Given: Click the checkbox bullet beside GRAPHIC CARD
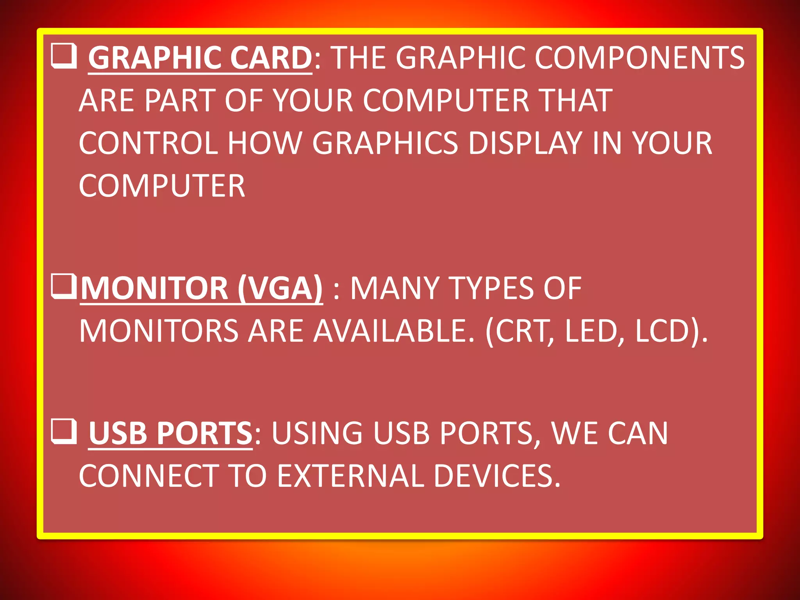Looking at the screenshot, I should pos(64,57).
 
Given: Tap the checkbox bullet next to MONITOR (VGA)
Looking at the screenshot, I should pos(63,287).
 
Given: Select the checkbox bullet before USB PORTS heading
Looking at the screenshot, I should pos(64,432).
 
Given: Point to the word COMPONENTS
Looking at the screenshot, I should pos(639,58).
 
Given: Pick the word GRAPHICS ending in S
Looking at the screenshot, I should pos(385,143).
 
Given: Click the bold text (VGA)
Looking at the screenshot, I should pos(280,288).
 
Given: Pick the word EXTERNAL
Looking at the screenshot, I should pos(350,476).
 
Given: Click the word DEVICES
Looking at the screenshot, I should pos(496,476).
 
